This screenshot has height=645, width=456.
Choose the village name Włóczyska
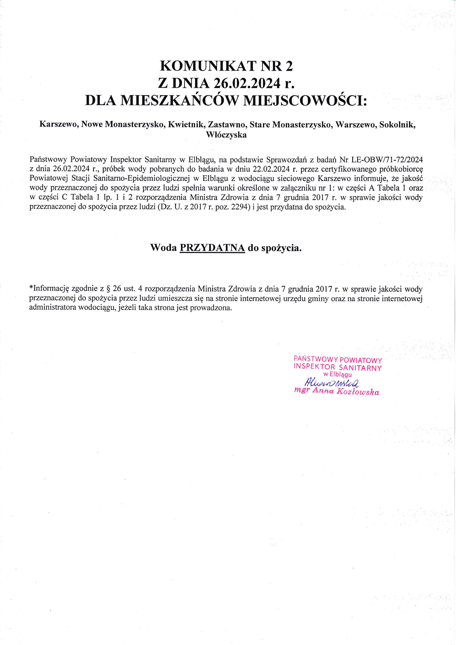(227, 135)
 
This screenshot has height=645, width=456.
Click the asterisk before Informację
(31, 288)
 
